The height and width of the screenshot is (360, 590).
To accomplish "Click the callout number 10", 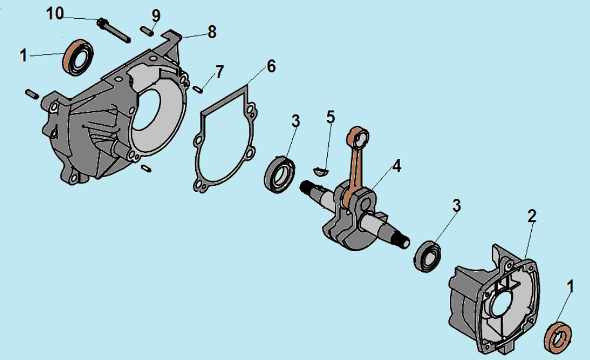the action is click(x=55, y=14).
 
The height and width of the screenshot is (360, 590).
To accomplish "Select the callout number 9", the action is click(x=156, y=16).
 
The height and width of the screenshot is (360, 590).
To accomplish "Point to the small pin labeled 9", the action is click(x=146, y=31).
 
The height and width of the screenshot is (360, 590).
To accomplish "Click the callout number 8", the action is click(x=212, y=32).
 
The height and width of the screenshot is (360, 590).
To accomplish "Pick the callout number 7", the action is click(x=219, y=72).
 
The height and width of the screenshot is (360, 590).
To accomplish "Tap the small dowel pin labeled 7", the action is click(x=198, y=89).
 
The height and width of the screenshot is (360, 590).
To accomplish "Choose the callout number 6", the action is click(x=271, y=66).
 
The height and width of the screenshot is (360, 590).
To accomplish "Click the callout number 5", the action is click(x=330, y=117).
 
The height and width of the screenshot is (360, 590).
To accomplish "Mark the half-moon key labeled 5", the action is click(x=321, y=172).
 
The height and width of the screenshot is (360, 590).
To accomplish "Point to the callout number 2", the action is click(x=532, y=216).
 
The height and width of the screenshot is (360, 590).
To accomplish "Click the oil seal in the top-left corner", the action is click(x=78, y=57).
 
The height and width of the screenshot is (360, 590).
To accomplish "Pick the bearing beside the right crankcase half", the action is click(x=427, y=256).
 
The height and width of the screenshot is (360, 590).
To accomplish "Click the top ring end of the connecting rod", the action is click(x=359, y=137).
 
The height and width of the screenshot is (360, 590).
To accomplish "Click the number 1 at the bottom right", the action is click(x=570, y=286).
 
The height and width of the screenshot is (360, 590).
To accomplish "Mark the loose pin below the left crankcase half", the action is click(x=146, y=168).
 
